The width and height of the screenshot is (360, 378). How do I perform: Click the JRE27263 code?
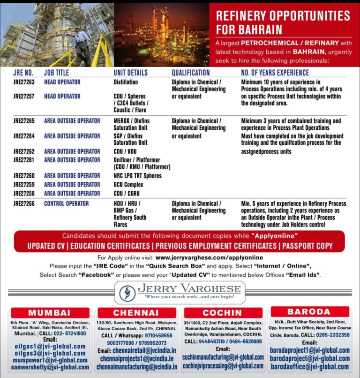tap(23, 82)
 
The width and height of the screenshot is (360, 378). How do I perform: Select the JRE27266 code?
tap(23, 204)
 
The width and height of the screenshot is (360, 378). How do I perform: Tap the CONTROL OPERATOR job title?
tap(66, 204)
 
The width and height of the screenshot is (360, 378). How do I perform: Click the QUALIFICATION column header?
tap(190, 73)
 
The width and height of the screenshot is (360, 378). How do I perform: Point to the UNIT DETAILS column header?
tap(130, 73)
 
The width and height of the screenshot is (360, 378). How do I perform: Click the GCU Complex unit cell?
tap(128, 185)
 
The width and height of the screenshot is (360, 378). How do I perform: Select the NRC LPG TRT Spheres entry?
tap(137, 176)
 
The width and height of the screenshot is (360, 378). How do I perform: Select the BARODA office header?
tap(309, 311)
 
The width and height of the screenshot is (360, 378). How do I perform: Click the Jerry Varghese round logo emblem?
tap(126, 292)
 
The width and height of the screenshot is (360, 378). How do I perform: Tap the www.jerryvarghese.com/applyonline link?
tap(209, 258)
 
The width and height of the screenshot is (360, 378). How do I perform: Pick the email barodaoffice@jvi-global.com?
tap(309, 367)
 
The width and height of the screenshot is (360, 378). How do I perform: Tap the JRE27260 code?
tap(23, 176)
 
